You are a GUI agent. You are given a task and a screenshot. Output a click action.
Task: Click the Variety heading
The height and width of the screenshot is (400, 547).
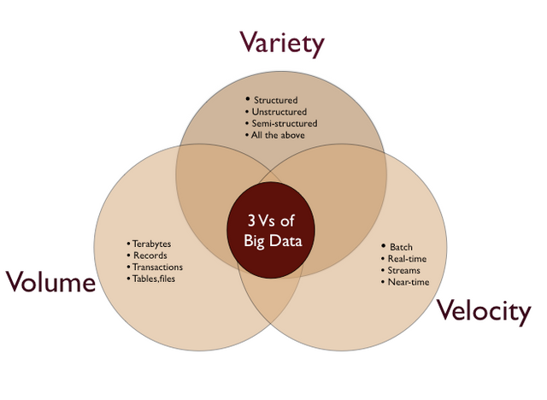coord(282,44)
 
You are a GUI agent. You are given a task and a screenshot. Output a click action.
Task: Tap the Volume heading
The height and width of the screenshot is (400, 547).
coord(50,281)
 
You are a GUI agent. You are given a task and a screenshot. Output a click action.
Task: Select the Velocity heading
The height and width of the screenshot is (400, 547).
coord(485,311)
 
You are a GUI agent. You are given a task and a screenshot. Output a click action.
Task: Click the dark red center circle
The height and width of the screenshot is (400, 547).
coord(271,230)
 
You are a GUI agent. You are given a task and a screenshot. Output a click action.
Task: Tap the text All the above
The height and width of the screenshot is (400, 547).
coord(278,135)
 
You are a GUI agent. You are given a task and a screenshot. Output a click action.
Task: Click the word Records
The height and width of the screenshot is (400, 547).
coord(150,256)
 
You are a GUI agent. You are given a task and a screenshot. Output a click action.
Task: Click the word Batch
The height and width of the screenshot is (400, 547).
coord(401,247)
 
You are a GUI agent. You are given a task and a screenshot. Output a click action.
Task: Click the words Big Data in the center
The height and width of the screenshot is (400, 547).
coord(273,241)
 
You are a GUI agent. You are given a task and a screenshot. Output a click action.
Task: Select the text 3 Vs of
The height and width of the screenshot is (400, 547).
coord(271,221)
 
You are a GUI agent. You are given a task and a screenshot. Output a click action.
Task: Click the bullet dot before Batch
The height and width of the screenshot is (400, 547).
coord(384,246)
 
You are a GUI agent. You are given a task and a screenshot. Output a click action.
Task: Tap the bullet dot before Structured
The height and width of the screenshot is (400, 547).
coord(248,99)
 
